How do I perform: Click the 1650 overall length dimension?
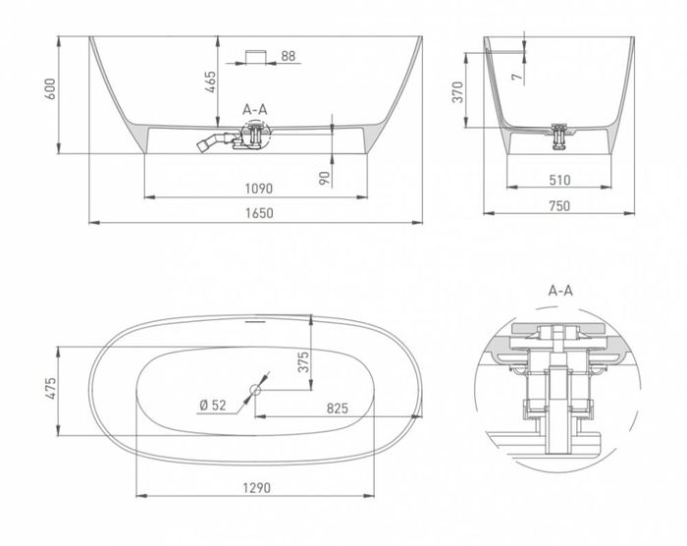[x=259, y=213]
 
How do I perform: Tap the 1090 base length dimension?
[x=258, y=189]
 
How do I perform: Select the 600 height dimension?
[x=50, y=89]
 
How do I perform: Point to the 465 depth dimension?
[x=210, y=82]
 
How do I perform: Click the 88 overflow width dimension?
[x=289, y=56]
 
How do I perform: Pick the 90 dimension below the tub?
[x=324, y=179]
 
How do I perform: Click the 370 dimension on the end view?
[x=458, y=91]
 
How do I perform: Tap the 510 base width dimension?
[x=559, y=180]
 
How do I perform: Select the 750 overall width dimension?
[x=559, y=205]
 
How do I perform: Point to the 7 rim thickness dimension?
[x=518, y=77]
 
